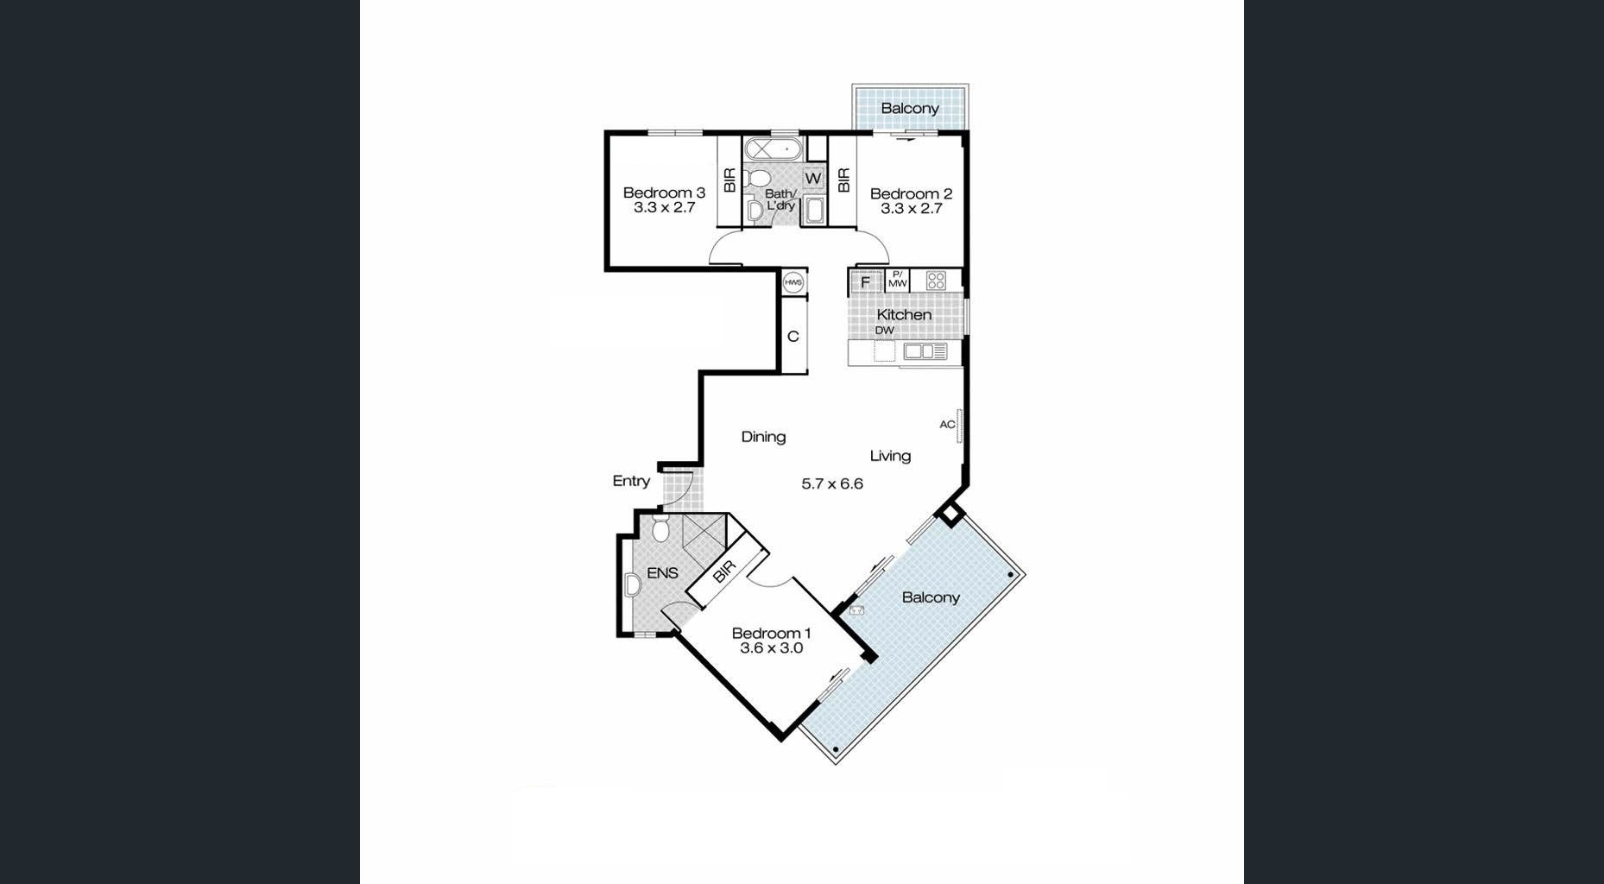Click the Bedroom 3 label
pos(664,193)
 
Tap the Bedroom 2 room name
pos(911,193)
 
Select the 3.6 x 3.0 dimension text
pos(771,648)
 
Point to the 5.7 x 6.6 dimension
pos(832,483)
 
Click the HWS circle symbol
pos(793,282)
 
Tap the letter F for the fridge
pos(865,282)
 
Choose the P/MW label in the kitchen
pos(898,280)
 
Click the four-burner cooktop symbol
pos(936,281)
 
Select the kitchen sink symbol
pos(925,351)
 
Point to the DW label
pos(885,331)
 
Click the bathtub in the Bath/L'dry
pos(774,149)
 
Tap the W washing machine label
pos(812,179)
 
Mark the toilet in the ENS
pos(660,528)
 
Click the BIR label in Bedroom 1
pos(723,571)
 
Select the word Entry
pos(631,481)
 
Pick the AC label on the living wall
pos(947,424)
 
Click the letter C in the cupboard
pos(793,337)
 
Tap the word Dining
pos(763,437)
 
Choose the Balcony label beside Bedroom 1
pos(931,597)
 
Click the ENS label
pos(662,572)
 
